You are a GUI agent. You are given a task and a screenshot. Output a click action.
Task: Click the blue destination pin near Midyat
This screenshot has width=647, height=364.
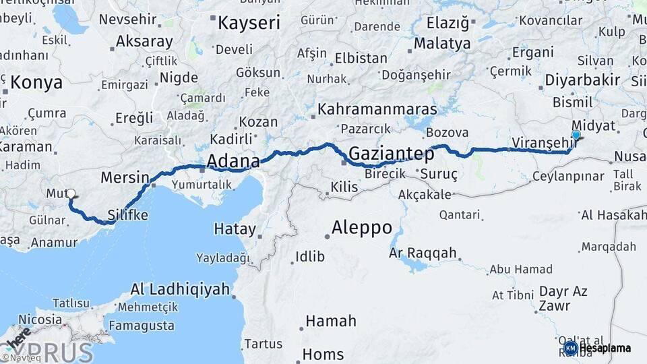576,135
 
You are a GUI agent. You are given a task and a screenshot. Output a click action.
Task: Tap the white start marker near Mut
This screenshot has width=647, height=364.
71,194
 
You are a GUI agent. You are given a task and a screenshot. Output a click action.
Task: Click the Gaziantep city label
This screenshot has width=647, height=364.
391,154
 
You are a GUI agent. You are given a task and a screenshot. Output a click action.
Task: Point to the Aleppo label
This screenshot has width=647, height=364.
362,227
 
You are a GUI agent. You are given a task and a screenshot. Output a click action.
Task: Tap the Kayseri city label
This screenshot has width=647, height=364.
249,23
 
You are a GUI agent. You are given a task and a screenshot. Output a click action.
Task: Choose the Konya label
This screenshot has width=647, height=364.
36,83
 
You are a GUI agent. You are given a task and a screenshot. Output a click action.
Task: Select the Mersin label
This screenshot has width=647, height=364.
125,178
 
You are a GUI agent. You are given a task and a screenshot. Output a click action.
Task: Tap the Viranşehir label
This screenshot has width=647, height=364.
541,143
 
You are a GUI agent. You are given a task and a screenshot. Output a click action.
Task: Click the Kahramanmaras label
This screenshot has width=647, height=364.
377,109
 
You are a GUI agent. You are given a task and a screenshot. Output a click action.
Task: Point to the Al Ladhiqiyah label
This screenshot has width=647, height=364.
180,290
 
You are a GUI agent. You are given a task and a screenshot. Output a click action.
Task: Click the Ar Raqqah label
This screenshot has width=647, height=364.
423,253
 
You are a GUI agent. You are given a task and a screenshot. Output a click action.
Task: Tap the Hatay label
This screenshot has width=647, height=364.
235,229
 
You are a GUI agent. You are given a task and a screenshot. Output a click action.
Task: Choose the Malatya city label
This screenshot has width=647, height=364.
442,44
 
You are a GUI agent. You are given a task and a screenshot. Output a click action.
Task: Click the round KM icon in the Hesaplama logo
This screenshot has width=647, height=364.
570,348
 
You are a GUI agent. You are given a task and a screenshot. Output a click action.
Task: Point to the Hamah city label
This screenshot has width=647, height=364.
330,322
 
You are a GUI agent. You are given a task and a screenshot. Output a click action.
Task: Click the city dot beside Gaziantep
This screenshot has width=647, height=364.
344,162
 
